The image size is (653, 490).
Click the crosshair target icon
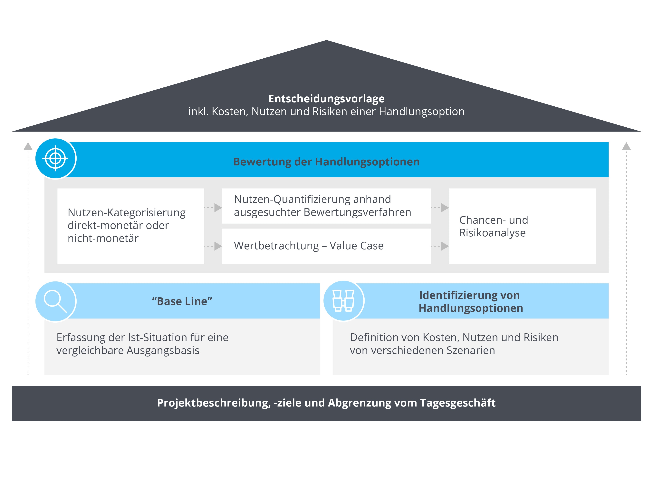(x=55, y=158)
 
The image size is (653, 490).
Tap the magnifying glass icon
(x=55, y=301)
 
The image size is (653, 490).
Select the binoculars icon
(x=344, y=301)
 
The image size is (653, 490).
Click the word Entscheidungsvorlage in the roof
(x=326, y=99)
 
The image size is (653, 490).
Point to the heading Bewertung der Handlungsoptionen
(x=326, y=162)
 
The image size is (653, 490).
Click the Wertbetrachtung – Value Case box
(x=326, y=246)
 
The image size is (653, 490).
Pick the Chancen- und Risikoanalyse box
(x=522, y=226)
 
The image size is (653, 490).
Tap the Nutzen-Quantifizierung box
(x=326, y=206)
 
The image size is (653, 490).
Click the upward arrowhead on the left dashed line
(x=28, y=146)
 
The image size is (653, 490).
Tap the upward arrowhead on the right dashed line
(x=626, y=146)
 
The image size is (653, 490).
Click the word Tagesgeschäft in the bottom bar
(x=458, y=403)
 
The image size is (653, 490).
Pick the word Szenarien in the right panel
(x=471, y=351)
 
